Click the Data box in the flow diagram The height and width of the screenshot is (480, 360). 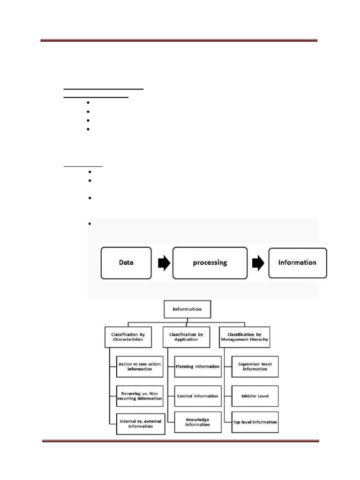[x=126, y=262]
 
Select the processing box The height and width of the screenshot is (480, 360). [x=210, y=262]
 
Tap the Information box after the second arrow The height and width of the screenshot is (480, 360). [x=297, y=262]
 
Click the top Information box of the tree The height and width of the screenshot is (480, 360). [x=187, y=309]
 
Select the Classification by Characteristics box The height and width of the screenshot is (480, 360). [x=127, y=337]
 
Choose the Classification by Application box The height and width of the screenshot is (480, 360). [x=186, y=337]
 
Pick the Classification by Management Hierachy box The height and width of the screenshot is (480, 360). [x=244, y=337]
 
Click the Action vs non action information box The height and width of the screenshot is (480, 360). [x=140, y=366]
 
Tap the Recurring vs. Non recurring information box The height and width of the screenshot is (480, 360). [x=140, y=396]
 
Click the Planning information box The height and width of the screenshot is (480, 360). [x=197, y=367]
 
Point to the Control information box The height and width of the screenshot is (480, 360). [x=197, y=396]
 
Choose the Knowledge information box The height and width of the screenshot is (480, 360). [x=197, y=422]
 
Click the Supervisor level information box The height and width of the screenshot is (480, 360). [x=255, y=366]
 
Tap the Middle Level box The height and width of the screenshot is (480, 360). [x=255, y=396]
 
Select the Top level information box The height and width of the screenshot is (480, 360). [x=255, y=422]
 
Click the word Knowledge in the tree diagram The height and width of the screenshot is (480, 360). [x=197, y=419]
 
